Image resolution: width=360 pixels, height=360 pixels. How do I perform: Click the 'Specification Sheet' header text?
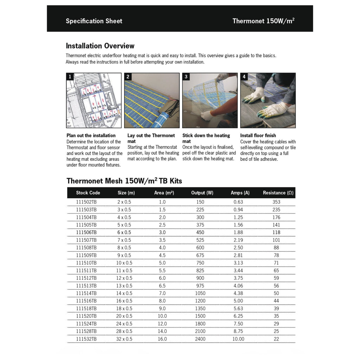tap(94, 21)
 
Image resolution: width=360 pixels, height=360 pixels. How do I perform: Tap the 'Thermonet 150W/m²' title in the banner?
tap(263, 21)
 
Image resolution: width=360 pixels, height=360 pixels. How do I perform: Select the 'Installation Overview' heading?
tap(100, 46)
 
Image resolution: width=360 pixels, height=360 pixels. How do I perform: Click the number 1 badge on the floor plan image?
tap(70, 77)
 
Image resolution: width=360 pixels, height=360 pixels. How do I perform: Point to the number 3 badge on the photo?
tap(186, 77)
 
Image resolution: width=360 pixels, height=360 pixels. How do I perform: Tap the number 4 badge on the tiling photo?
tap(244, 77)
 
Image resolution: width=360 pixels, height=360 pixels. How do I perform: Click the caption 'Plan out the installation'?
tap(91, 136)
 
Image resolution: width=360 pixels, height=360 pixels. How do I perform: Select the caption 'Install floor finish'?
tap(258, 136)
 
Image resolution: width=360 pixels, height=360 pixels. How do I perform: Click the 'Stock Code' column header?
tap(88, 193)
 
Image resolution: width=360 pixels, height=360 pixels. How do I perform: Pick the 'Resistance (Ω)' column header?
tap(278, 193)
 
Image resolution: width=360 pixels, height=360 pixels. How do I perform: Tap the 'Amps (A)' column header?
tap(240, 193)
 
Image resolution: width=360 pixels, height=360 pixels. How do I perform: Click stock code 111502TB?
tap(86, 202)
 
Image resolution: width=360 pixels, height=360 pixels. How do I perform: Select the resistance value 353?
tap(276, 202)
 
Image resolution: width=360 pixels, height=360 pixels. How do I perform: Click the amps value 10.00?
tap(238, 339)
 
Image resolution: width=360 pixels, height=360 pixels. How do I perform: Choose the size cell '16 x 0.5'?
tap(124, 301)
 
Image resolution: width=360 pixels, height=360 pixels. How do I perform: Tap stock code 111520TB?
tap(86, 316)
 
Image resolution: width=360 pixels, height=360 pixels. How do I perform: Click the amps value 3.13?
tap(238, 263)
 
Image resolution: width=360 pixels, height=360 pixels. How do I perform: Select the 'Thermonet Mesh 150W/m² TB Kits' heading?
tap(124, 181)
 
